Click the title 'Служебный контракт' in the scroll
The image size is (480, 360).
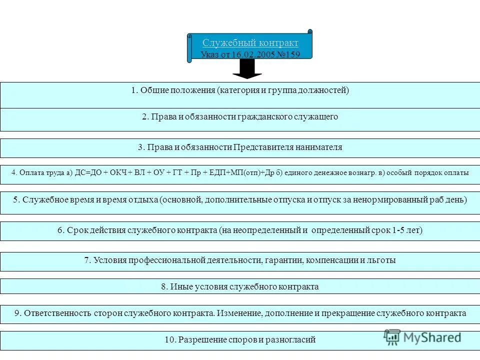250,43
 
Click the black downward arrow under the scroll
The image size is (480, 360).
247,69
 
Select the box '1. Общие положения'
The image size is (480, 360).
240,94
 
